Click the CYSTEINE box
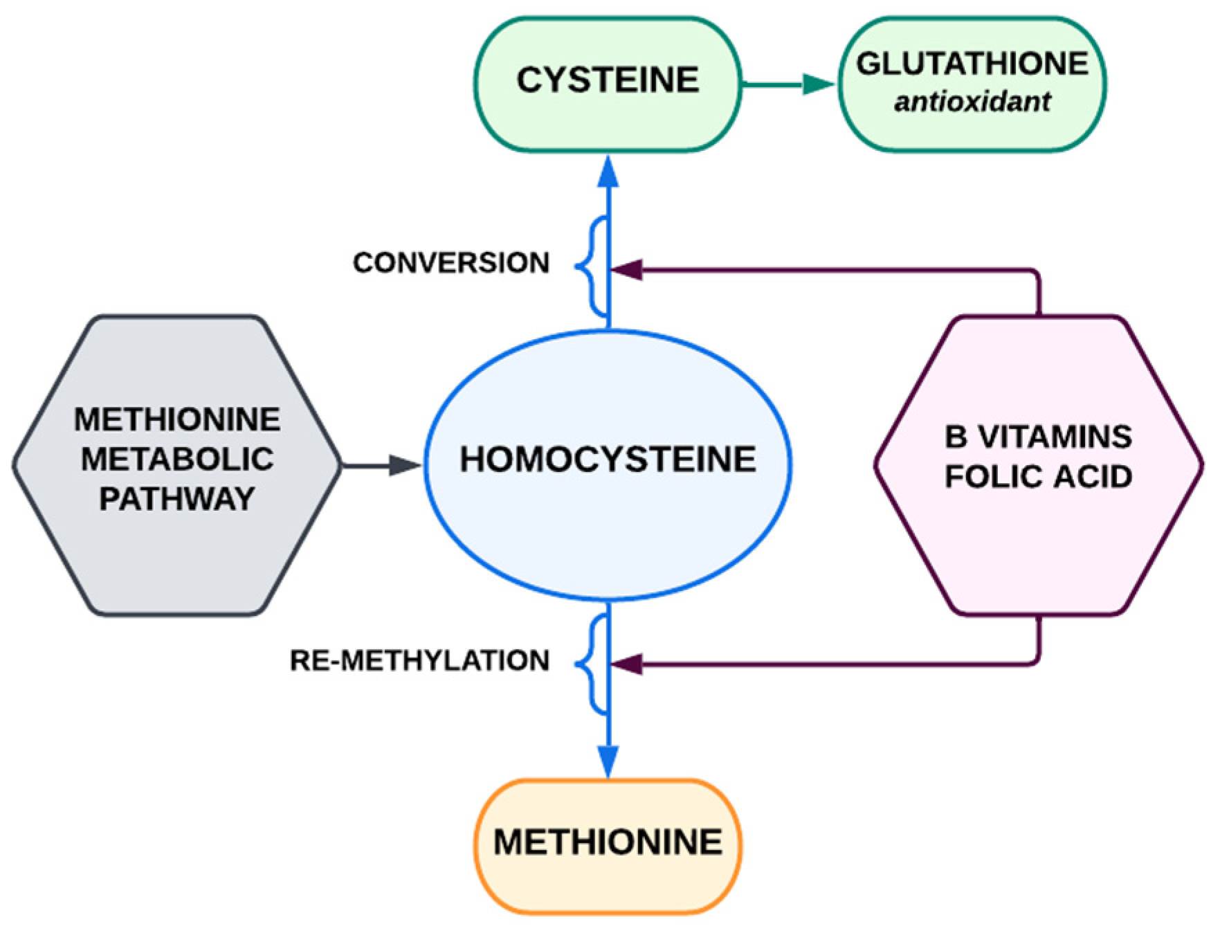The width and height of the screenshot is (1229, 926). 608,82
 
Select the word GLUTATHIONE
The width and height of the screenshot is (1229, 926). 972,64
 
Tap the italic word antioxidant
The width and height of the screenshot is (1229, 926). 972,102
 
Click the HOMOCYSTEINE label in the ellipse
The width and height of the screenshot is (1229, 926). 608,460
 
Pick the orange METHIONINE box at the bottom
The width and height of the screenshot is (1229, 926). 608,842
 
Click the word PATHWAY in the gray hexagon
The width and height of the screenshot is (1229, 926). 177,499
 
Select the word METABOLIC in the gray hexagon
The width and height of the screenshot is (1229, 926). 177,459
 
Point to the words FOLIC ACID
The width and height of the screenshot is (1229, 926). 1038,477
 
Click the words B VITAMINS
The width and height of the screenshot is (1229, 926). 1038,437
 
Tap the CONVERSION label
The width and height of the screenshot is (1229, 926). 451,263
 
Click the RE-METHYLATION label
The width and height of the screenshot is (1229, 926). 419,661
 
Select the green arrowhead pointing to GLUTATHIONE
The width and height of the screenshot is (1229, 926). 820,84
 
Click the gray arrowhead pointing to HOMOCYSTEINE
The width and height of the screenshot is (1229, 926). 405,466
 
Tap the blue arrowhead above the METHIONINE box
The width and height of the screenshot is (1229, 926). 608,761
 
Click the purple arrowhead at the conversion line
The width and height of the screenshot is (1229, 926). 627,270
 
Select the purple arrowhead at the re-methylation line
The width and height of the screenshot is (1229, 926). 627,666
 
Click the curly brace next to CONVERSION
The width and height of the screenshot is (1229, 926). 590,266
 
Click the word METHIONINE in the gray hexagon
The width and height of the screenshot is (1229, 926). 177,419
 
